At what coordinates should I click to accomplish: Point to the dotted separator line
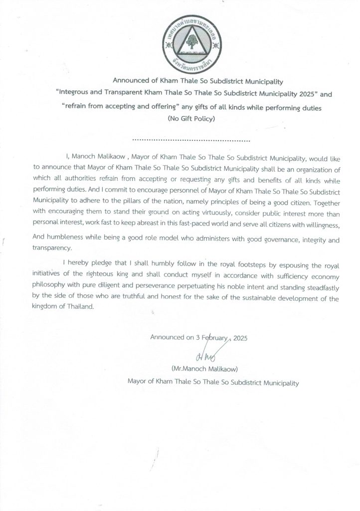pyautogui.click(x=192, y=140)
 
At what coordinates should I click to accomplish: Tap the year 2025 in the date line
pyautogui.click(x=238, y=338)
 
